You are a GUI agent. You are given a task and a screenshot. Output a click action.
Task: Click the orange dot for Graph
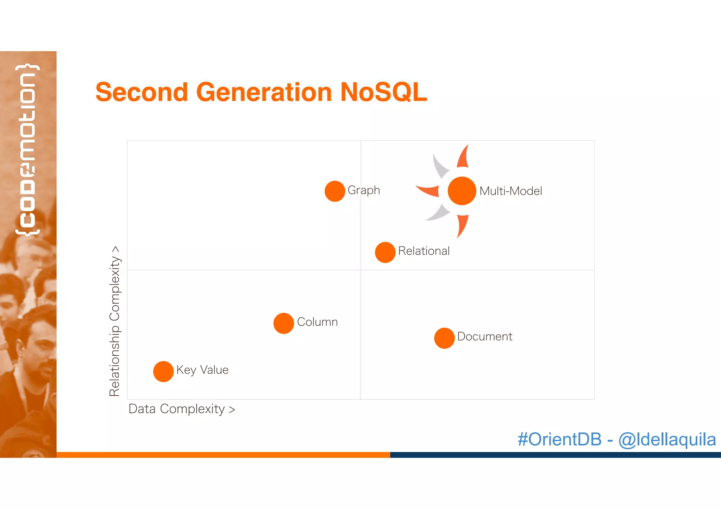[334, 191]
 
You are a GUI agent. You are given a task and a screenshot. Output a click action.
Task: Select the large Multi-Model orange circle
[462, 191]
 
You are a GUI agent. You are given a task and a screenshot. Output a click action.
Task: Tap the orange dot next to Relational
[385, 252]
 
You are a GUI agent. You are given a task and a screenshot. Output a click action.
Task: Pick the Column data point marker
[283, 323]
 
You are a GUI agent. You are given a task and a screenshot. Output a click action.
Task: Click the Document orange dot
[444, 338]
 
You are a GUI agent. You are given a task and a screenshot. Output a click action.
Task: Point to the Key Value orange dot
[163, 371]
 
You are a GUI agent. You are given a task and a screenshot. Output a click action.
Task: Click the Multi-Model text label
[510, 191]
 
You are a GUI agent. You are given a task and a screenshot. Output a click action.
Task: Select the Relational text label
[424, 251]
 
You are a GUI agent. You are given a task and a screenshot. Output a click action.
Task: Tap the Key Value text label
[202, 370]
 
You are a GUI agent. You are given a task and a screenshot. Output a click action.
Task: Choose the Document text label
[484, 337]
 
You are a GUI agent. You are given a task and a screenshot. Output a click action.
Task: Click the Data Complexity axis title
[182, 409]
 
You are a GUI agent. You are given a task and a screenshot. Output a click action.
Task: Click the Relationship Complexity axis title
[115, 321]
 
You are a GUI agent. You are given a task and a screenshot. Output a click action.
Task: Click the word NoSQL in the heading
[383, 92]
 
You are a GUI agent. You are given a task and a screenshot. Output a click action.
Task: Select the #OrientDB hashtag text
[559, 439]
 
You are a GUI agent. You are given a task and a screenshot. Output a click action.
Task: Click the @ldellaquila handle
[667, 439]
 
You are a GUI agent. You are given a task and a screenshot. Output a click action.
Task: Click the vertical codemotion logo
[27, 149]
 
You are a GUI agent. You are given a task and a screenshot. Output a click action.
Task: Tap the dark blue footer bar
[555, 455]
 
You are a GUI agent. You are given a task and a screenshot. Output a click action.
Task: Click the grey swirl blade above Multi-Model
[440, 165]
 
